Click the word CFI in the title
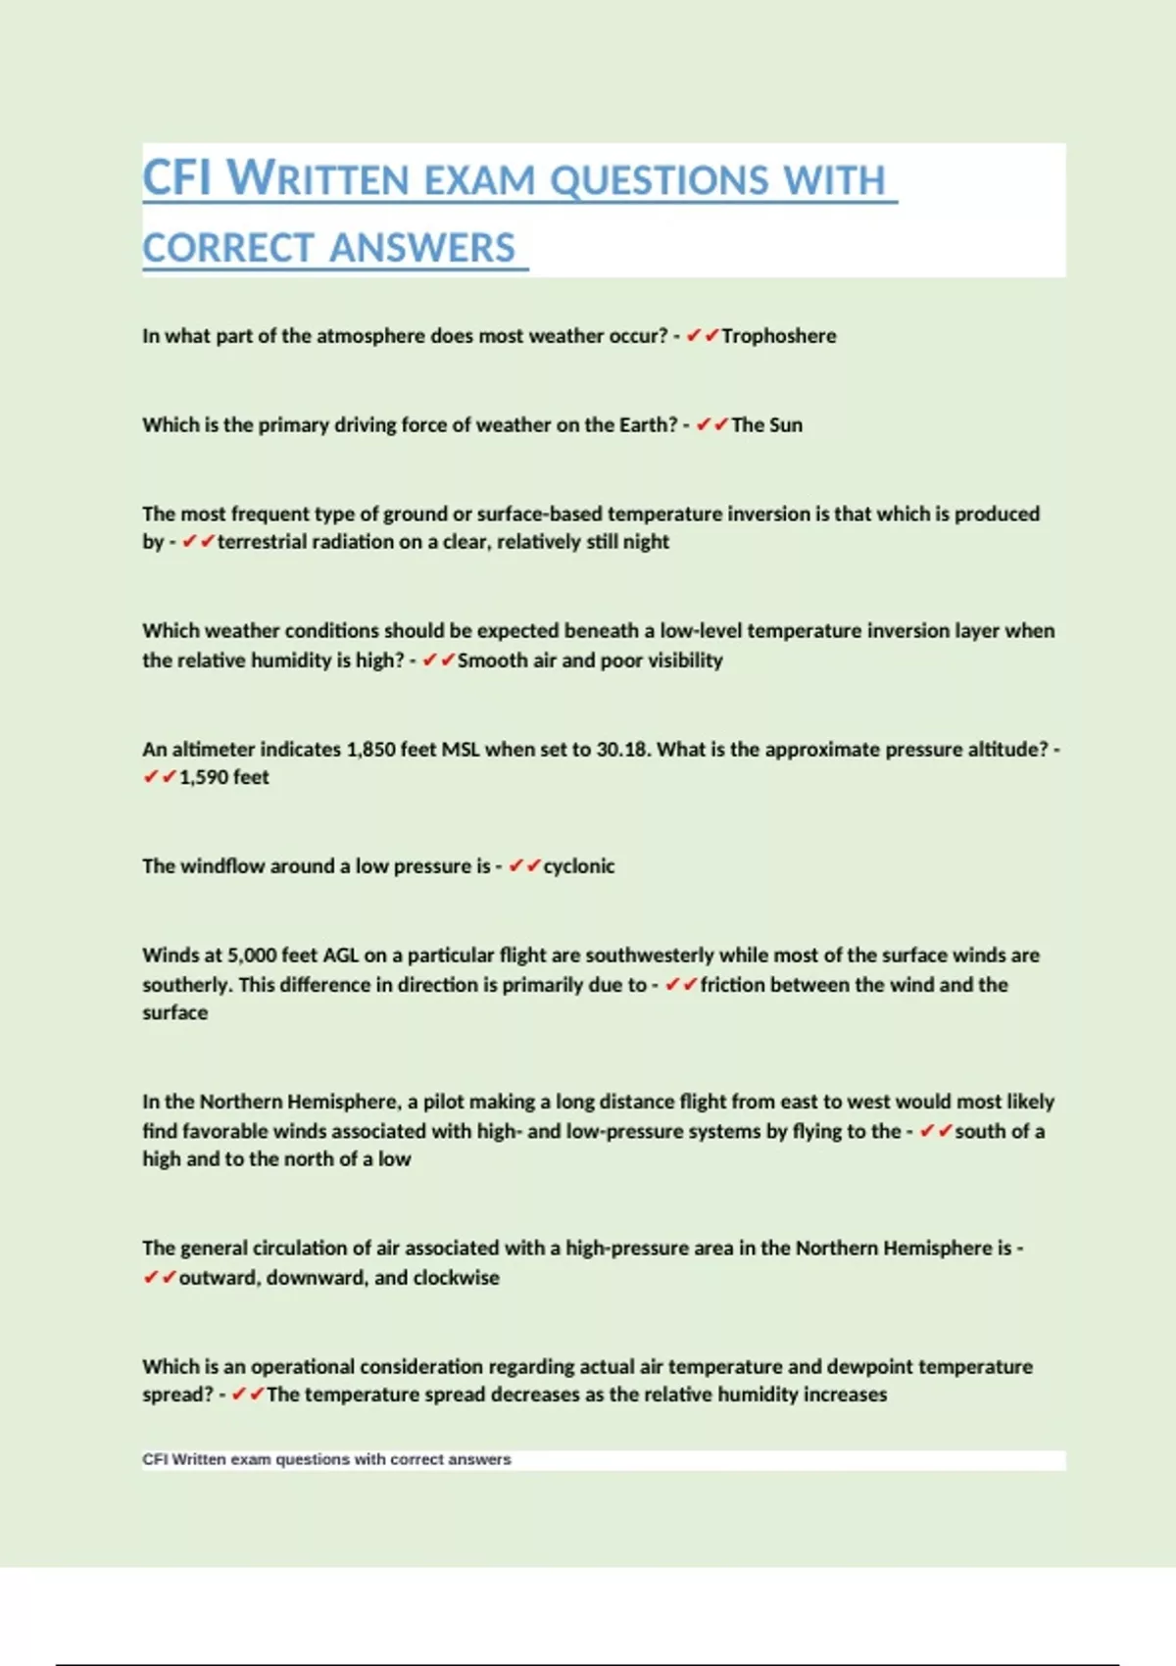click(176, 178)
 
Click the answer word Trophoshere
click(779, 336)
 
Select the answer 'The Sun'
click(766, 425)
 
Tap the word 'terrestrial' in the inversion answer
click(262, 542)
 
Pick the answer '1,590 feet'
click(223, 778)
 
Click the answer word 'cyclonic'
click(579, 866)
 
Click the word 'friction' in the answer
click(732, 985)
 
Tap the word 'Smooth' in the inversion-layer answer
click(493, 661)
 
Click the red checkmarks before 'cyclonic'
click(524, 866)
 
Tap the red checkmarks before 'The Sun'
click(712, 425)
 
